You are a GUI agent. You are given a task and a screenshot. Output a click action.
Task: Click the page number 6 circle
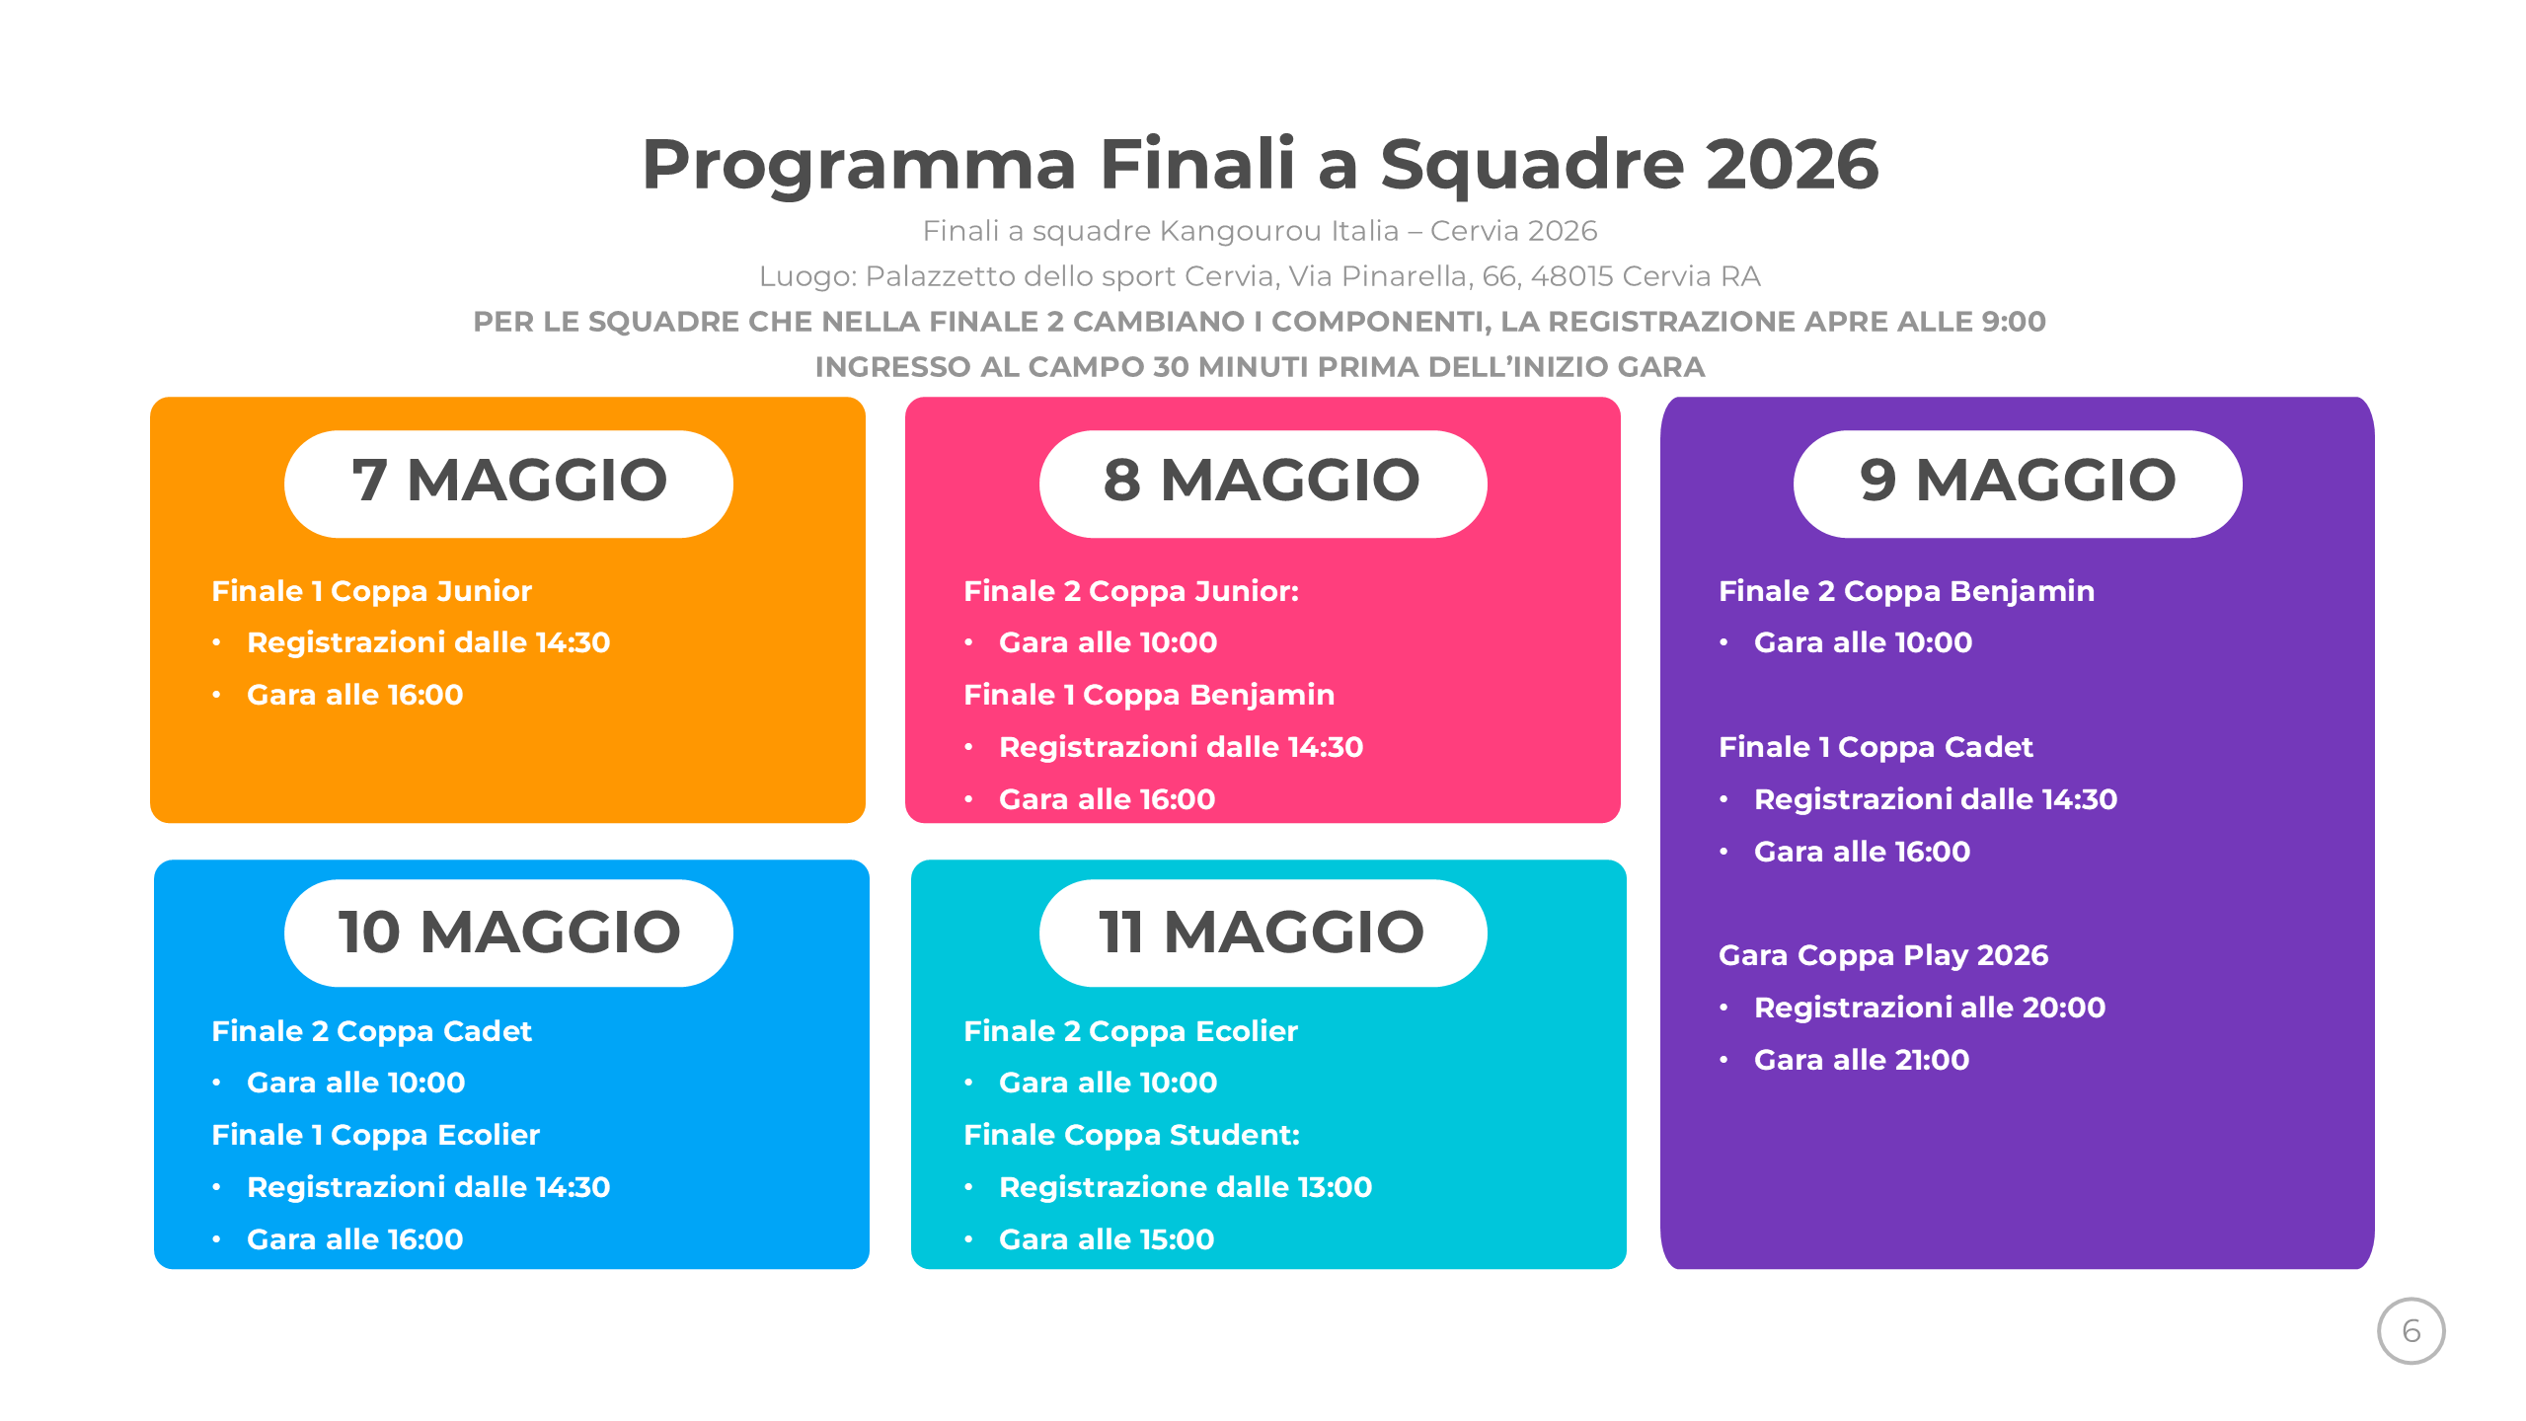(x=2411, y=1330)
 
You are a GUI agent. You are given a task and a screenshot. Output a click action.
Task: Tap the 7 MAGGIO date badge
(x=508, y=484)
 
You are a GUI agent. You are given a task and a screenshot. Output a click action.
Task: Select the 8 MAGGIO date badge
(x=1263, y=484)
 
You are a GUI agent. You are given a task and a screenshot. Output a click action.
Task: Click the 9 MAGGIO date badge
(x=2018, y=484)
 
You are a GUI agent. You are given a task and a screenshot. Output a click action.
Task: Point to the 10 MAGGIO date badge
(x=508, y=933)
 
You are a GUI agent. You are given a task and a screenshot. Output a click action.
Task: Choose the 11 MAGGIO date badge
(x=1263, y=933)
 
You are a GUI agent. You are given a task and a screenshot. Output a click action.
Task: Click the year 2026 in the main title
(x=1792, y=164)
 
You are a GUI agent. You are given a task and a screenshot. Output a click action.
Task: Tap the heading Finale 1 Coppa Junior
(x=371, y=591)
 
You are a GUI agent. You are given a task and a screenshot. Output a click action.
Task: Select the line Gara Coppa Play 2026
(x=1883, y=955)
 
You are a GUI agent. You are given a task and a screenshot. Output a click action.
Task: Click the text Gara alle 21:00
(x=1862, y=1060)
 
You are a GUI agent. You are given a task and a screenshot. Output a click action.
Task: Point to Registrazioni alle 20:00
(x=1930, y=1008)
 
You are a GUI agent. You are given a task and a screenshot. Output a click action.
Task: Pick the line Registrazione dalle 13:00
(x=1186, y=1187)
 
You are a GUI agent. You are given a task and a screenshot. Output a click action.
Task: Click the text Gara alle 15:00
(x=1107, y=1239)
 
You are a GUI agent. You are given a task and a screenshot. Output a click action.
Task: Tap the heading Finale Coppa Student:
(x=1131, y=1135)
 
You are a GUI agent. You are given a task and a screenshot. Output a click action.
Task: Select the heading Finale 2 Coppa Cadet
(x=371, y=1031)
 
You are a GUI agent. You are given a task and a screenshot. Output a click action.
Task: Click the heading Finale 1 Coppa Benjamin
(x=1149, y=695)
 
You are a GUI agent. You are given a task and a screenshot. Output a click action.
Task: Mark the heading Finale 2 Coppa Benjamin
(x=1906, y=591)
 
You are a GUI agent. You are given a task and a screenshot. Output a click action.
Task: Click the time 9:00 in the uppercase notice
(x=2013, y=322)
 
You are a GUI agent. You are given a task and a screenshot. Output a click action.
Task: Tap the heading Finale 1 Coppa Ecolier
(x=375, y=1135)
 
